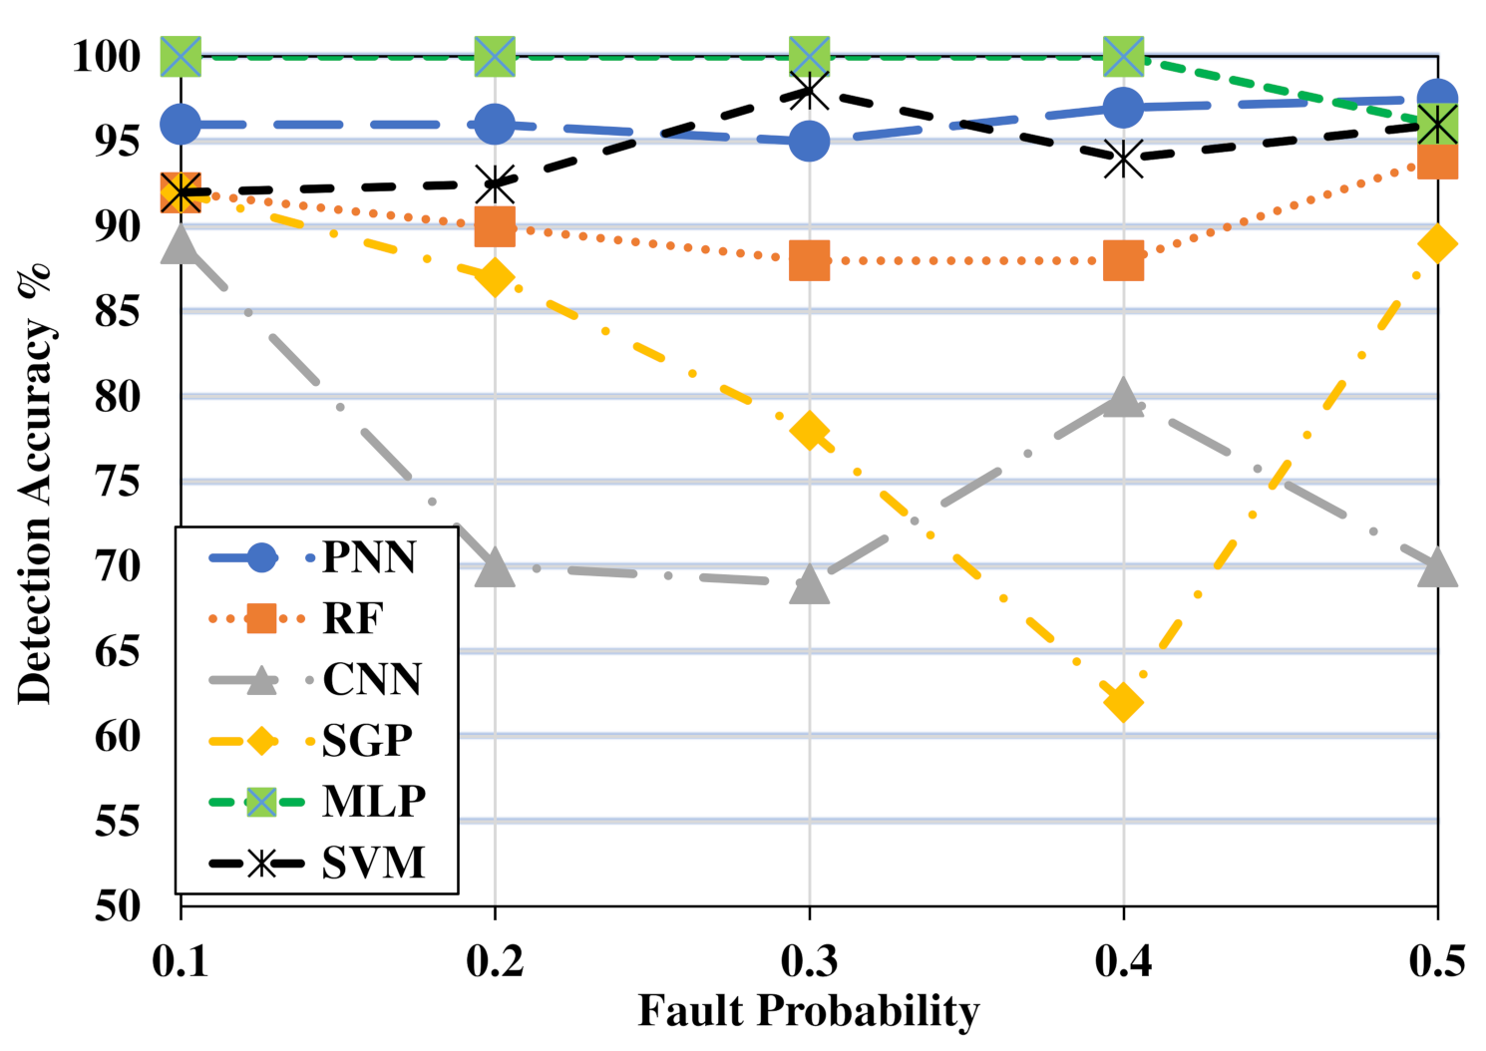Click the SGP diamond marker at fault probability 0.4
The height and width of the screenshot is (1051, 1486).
(1123, 702)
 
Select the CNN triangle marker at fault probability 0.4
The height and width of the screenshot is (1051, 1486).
(1123, 398)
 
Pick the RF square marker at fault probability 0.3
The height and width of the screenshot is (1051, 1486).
(809, 260)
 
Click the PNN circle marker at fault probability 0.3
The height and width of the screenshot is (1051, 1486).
(809, 141)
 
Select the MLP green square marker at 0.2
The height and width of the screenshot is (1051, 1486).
(495, 56)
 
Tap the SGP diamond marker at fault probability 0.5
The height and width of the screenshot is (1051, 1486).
(1437, 243)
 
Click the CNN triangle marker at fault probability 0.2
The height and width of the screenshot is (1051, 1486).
(495, 568)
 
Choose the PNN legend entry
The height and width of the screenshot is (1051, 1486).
(368, 557)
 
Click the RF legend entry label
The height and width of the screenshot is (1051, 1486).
(352, 618)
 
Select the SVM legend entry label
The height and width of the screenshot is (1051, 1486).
(373, 863)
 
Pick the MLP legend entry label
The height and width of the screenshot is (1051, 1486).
(374, 802)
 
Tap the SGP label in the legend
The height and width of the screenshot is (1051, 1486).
(367, 741)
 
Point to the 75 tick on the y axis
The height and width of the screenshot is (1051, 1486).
(118, 482)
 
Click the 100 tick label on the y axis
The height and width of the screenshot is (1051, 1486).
(107, 56)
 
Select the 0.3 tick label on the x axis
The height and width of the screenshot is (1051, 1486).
(809, 961)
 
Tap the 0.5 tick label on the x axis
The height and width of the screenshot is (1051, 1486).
(1437, 961)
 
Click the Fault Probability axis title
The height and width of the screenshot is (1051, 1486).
(808, 1011)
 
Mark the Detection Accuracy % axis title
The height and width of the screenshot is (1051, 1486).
(36, 484)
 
